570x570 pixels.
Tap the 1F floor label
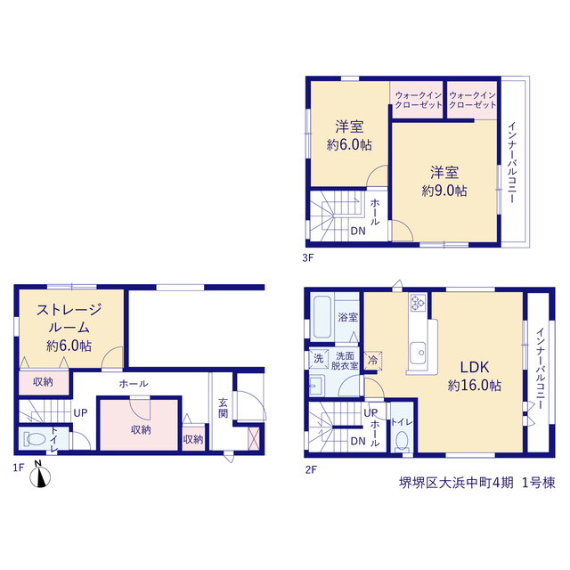click(19, 468)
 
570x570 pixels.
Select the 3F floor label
click(307, 258)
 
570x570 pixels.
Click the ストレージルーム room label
click(69, 319)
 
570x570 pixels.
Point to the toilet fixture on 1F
click(34, 439)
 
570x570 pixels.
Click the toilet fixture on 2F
click(402, 440)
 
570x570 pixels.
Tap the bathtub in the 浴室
click(322, 317)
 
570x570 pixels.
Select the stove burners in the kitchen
click(418, 303)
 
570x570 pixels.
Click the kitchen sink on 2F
click(418, 353)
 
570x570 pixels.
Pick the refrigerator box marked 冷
click(373, 360)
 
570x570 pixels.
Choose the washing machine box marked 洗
click(319, 359)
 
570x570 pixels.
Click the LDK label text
click(475, 368)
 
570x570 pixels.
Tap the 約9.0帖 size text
click(444, 191)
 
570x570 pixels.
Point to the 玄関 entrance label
click(223, 408)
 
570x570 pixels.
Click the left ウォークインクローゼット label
click(419, 100)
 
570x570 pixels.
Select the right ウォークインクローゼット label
click(473, 100)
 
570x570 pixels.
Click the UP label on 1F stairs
click(81, 413)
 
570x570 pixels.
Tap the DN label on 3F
click(358, 232)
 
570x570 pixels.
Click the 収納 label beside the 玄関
click(193, 439)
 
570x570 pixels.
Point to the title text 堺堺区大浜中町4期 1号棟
click(477, 483)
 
